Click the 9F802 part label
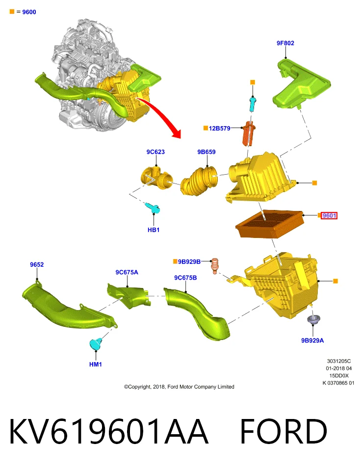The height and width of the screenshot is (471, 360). tap(285, 43)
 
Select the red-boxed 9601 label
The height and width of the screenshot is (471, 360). tap(329, 215)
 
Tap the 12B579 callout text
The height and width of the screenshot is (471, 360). tap(220, 128)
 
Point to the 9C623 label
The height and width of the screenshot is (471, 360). tap(155, 152)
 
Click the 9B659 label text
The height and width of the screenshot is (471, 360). tap(206, 152)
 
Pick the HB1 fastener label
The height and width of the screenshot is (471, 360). tap(154, 230)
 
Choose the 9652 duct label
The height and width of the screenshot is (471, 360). tap(37, 264)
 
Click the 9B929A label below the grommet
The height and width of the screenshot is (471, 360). tap(312, 340)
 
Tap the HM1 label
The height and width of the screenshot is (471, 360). tap(96, 365)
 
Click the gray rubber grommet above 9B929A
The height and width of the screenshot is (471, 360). tap(313, 319)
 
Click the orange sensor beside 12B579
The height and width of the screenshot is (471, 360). tap(248, 133)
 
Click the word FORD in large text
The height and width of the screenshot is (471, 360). tap(283, 431)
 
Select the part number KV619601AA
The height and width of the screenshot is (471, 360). tap(109, 431)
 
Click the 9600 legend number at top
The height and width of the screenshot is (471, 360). tap(29, 12)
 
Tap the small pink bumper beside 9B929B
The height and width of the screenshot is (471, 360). tap(214, 266)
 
